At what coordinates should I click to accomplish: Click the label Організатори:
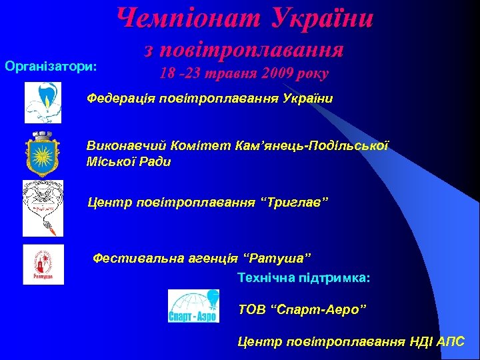pyautogui.click(x=51, y=67)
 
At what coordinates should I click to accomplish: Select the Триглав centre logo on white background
pyautogui.click(x=43, y=207)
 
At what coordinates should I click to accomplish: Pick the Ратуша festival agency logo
pyautogui.click(x=43, y=264)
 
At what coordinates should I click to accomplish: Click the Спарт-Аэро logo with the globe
pyautogui.click(x=193, y=307)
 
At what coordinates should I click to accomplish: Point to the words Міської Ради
pyautogui.click(x=129, y=161)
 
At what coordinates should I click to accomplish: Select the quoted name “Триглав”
pyautogui.click(x=296, y=202)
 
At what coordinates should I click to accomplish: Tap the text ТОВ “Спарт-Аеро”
pyautogui.click(x=302, y=309)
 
